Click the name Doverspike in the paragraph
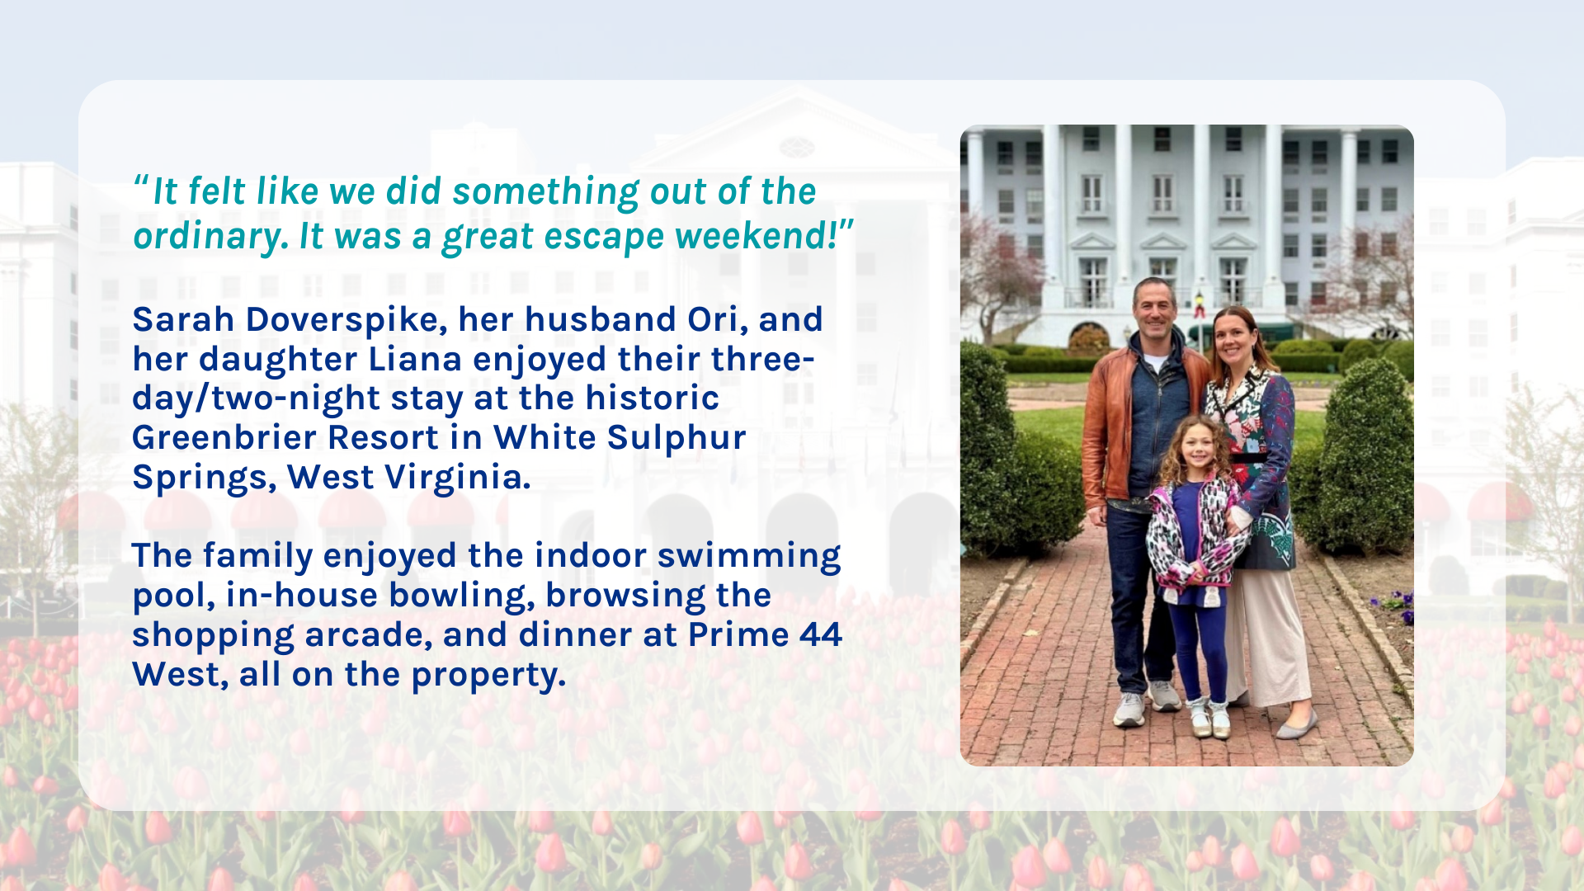coord(346,320)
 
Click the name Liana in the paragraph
coord(415,359)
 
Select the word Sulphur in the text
coord(676,437)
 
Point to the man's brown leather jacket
coord(1110,429)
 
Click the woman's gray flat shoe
coord(1297,724)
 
